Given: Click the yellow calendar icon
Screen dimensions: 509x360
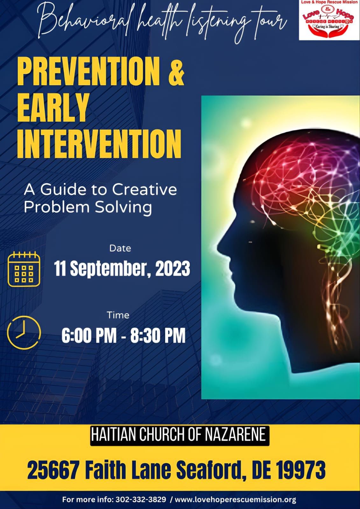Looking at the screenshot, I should pyautogui.click(x=24, y=269).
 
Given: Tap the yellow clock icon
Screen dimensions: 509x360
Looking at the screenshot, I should pyautogui.click(x=24, y=332).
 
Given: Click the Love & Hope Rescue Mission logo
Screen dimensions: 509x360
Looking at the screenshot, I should pyautogui.click(x=329, y=20).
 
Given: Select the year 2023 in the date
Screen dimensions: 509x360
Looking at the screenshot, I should pyautogui.click(x=172, y=269).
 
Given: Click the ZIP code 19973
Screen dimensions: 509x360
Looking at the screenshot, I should pyautogui.click(x=297, y=470).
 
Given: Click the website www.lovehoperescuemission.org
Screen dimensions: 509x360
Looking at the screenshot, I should pyautogui.click(x=236, y=499).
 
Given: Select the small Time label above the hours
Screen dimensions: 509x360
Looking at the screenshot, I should pyautogui.click(x=118, y=315).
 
